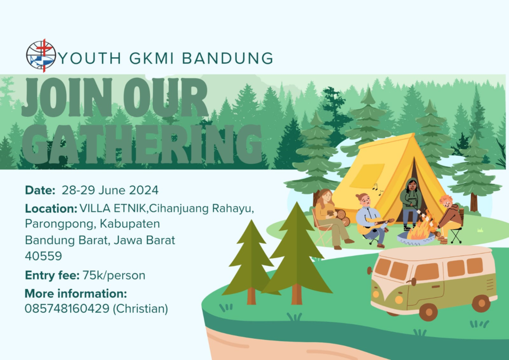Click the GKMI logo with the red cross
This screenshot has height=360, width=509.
41,56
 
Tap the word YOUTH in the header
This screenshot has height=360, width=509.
90,59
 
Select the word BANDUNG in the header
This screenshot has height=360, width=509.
227,59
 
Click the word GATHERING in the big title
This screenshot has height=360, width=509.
142,144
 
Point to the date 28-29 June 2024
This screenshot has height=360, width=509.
110,190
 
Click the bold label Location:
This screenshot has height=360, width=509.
51,208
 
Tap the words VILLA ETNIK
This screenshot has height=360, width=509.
113,208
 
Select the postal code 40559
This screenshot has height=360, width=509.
43,256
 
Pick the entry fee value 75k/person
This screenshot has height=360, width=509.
114,275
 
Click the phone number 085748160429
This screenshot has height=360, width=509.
67,309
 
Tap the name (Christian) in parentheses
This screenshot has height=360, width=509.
140,309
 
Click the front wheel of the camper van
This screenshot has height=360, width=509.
428,312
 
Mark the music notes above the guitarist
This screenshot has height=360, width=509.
377,189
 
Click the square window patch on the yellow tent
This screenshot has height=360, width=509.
367,176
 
